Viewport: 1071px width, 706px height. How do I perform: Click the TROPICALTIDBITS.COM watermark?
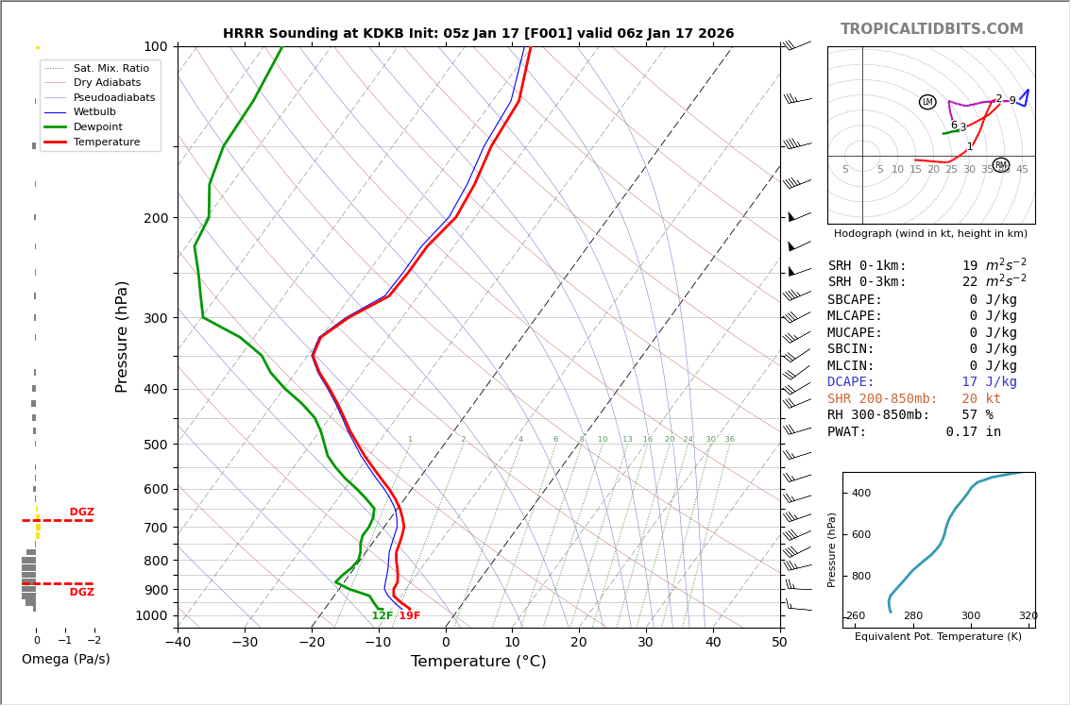pos(931,29)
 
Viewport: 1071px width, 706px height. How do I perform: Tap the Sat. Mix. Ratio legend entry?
pos(110,68)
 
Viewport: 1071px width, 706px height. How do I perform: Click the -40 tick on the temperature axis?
pos(178,644)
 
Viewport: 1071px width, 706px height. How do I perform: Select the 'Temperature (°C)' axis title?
pos(478,662)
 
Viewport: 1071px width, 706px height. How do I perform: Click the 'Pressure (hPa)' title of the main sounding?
pos(122,336)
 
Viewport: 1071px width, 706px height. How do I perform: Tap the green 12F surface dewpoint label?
pos(382,616)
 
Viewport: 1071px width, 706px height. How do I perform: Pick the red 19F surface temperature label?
pos(409,616)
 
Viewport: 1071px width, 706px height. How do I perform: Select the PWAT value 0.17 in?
pos(973,432)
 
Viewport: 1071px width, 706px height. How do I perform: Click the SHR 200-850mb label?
pos(882,399)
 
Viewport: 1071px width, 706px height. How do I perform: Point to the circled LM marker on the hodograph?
pos(927,102)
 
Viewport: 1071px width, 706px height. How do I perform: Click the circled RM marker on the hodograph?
pos(1001,165)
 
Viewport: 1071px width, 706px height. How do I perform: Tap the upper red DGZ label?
pos(81,513)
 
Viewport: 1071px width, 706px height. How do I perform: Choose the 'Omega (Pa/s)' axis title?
pos(65,660)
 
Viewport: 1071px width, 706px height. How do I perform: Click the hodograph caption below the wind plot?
pos(930,234)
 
